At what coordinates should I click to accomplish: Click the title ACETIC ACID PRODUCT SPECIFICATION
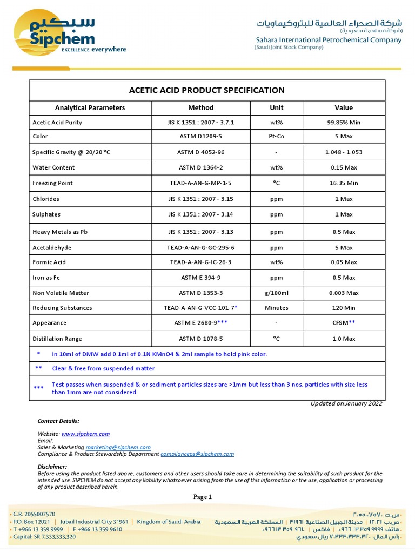(206, 90)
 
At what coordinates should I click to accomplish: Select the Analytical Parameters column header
(90, 107)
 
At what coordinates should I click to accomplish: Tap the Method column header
(200, 107)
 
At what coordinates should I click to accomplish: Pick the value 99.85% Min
(343, 123)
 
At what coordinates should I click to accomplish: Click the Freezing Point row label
(52, 183)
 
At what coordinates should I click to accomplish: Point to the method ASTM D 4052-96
(200, 152)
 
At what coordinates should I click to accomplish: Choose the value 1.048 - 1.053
(343, 152)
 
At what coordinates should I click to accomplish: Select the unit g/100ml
(276, 293)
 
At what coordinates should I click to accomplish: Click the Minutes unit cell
(276, 308)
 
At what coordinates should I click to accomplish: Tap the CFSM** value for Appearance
(344, 323)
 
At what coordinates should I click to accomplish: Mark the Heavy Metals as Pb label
(59, 232)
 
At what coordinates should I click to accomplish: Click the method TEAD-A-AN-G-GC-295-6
(200, 248)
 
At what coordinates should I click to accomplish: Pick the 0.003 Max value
(344, 293)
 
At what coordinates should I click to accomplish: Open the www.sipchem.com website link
(85, 434)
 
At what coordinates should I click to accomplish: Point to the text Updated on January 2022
(346, 403)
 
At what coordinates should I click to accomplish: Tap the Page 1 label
(203, 497)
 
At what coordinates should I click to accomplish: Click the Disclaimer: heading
(52, 467)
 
